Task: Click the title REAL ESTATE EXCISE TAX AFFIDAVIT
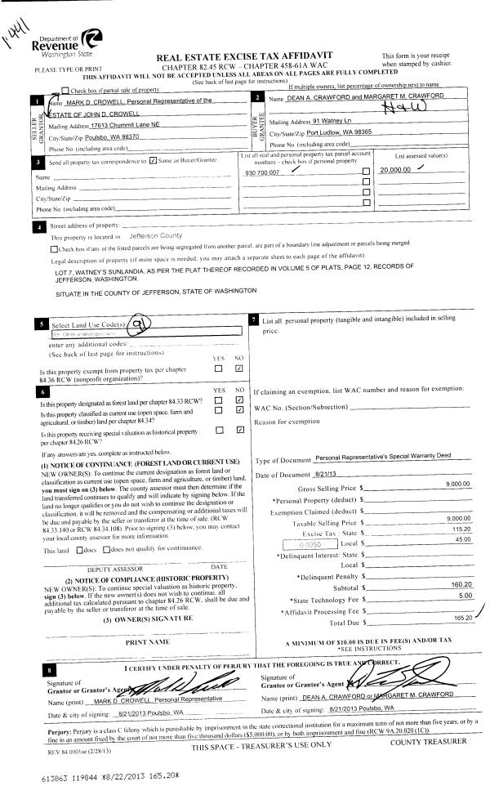[x=247, y=57]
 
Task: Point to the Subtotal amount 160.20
[x=457, y=584]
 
